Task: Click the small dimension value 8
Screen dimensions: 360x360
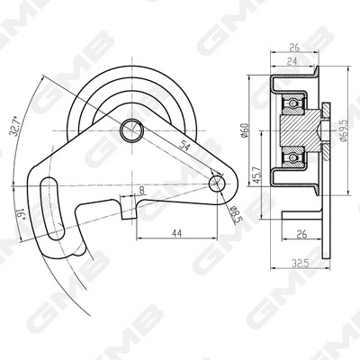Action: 141,191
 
